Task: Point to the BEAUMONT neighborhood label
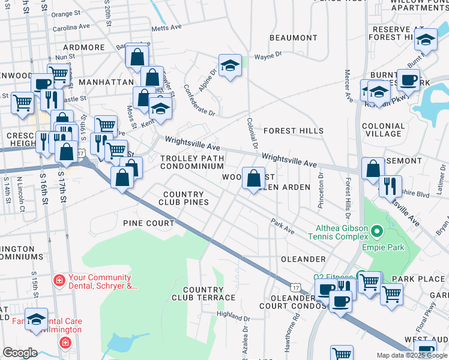(293, 38)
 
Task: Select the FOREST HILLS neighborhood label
(293, 131)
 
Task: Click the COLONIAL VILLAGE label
(384, 130)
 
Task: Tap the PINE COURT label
(148, 223)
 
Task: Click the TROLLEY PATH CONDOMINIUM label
(192, 162)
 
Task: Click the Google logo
(20, 353)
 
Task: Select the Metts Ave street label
(166, 28)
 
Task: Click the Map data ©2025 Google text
(411, 355)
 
